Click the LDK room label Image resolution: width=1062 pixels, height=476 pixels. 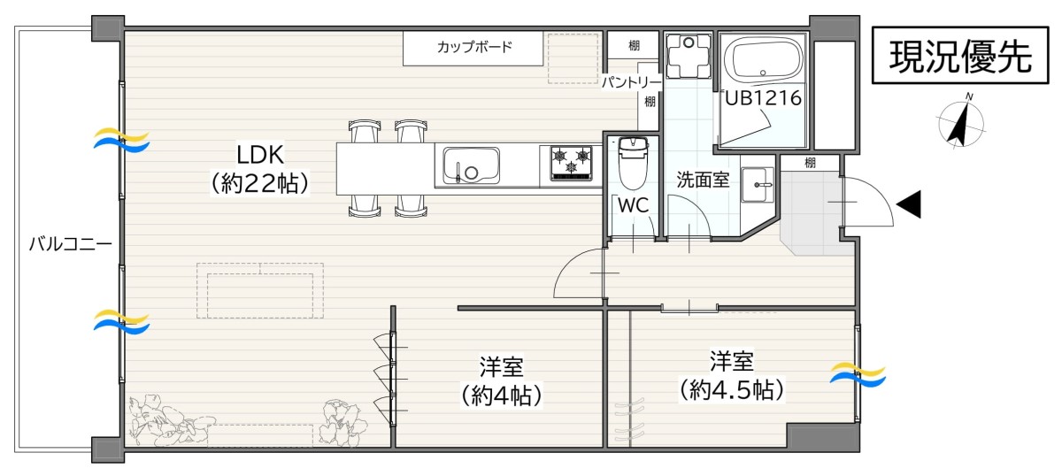coord(260,155)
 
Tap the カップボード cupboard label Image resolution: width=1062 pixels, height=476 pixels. coord(474,47)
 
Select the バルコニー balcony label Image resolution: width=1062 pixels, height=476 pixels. coord(71,244)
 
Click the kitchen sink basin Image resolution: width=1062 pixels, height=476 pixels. coord(471,165)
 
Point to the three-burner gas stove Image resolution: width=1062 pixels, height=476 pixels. coord(571,164)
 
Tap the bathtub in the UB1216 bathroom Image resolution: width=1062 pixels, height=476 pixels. coord(763,60)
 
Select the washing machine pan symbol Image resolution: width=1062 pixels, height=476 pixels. coord(689,55)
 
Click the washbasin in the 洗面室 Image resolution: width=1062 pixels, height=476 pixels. coord(758,184)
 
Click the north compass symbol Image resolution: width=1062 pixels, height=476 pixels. coord(962,123)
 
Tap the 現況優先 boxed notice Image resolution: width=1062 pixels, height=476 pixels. coord(960,56)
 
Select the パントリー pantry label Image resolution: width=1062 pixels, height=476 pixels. coord(632,82)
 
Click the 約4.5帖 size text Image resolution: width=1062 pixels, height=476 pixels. coord(732,389)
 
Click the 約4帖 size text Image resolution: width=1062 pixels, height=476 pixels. coord(501,395)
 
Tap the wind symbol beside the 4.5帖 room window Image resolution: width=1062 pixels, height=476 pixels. coord(858,374)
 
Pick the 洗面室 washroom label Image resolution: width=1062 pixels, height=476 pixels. coord(703,180)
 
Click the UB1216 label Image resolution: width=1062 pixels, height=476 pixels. coord(763,98)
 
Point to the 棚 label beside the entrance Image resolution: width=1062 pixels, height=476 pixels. coord(811,163)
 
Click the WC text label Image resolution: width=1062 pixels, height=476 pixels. coord(633,205)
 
